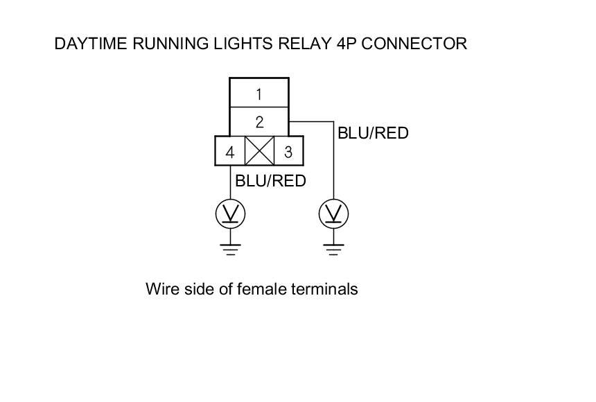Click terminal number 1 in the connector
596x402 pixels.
[x=258, y=94]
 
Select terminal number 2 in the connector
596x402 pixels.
[x=258, y=122]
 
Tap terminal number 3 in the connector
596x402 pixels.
[x=288, y=151]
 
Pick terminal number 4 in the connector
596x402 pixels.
[x=230, y=151]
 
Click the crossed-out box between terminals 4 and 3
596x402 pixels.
[x=259, y=151]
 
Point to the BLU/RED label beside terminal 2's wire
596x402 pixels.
[x=373, y=132]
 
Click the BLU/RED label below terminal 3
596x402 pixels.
[x=270, y=181]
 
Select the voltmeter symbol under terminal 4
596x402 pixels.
[x=230, y=214]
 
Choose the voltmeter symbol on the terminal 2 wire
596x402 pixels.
[x=333, y=214]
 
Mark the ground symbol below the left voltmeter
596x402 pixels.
[x=230, y=250]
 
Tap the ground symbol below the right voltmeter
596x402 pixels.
[x=333, y=250]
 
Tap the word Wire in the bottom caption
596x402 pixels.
[x=159, y=288]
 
